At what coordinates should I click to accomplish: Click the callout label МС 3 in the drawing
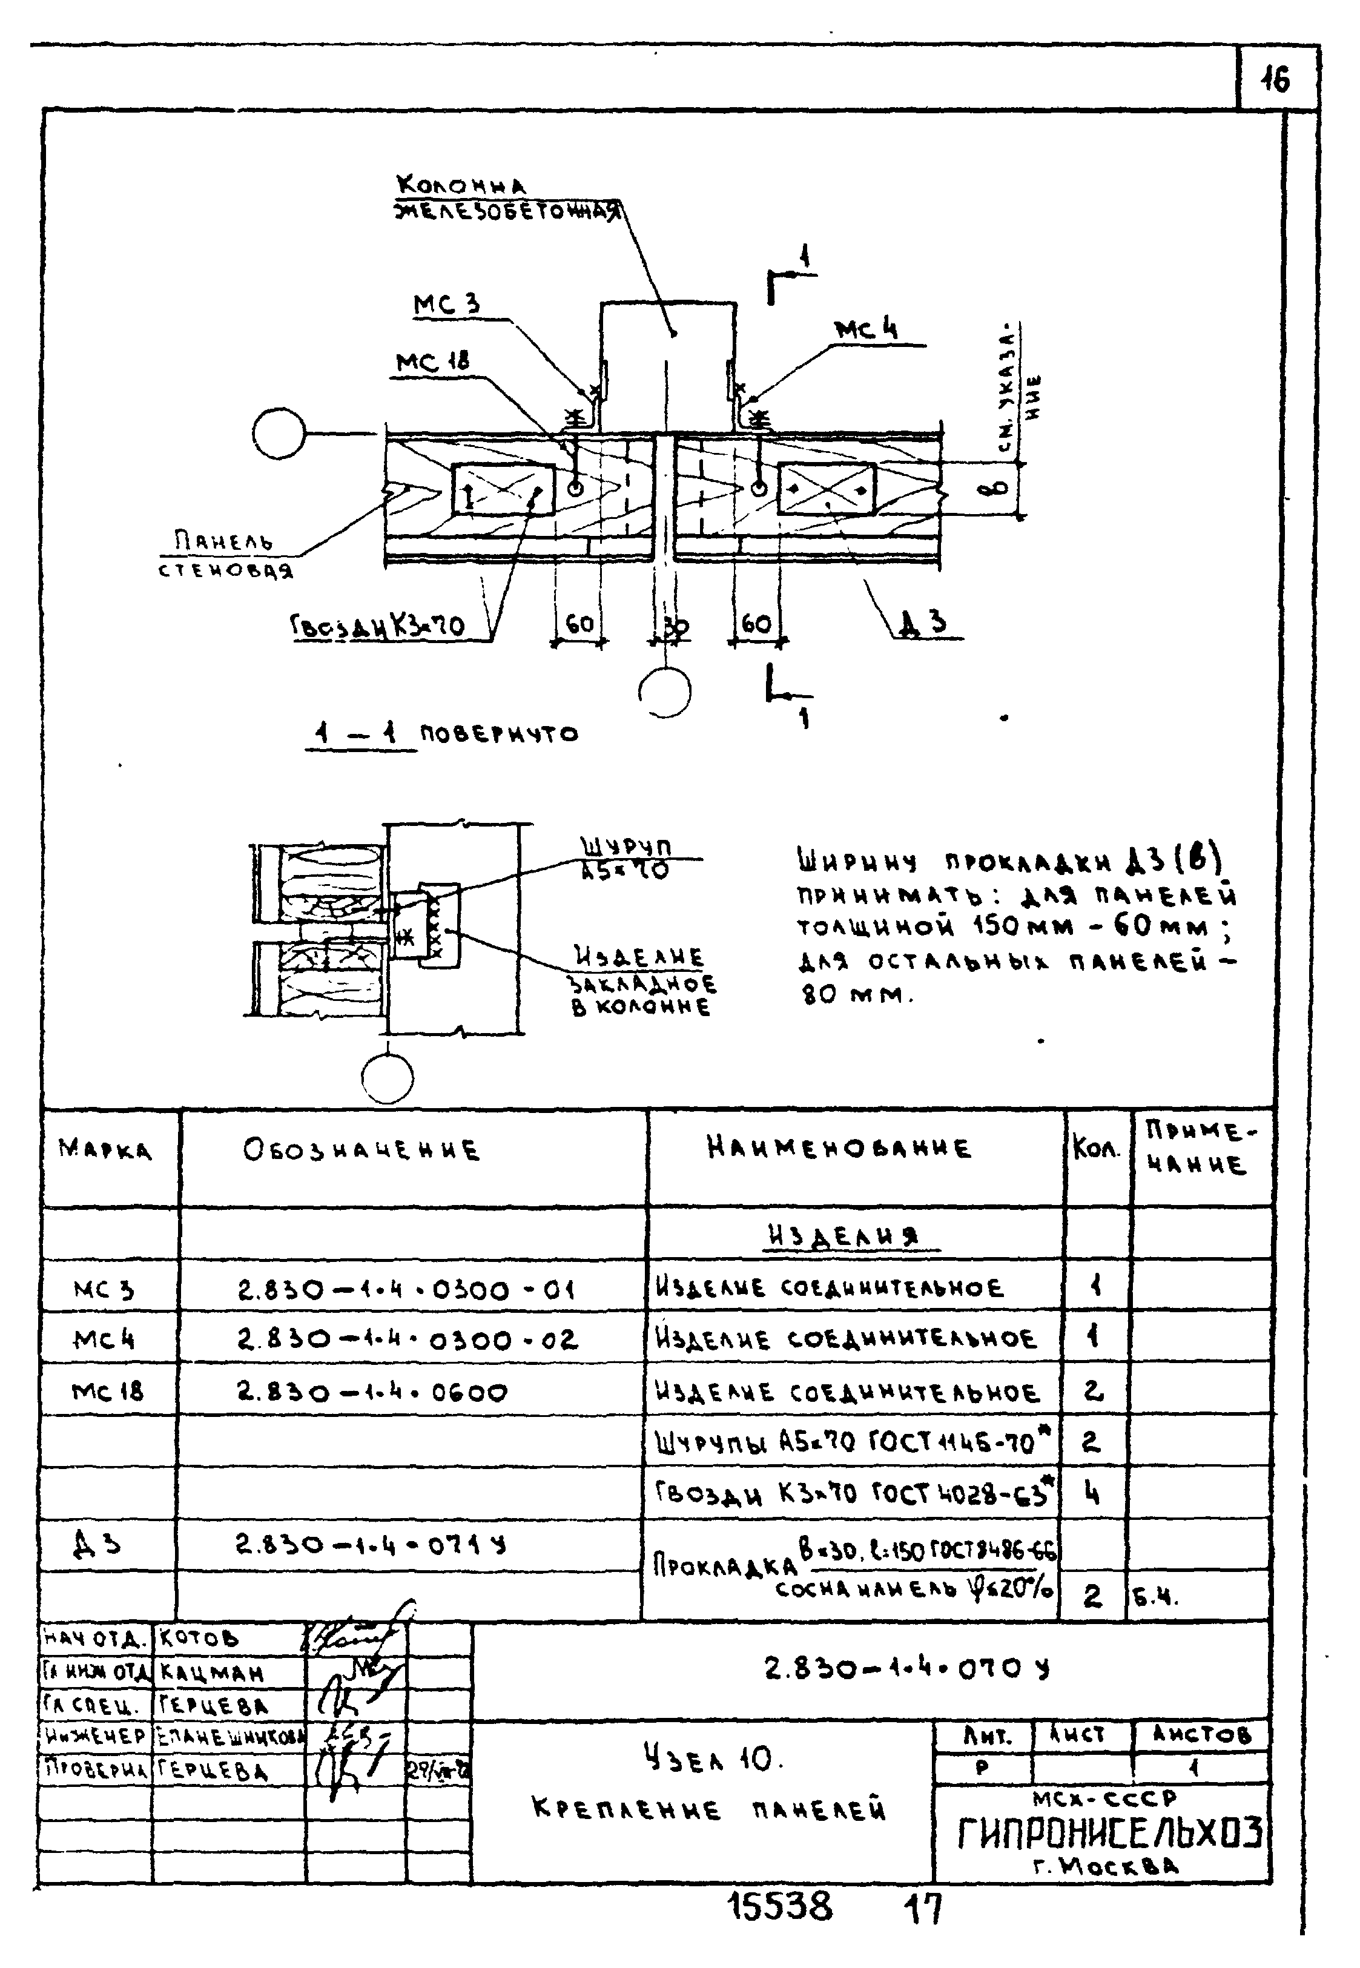[446, 304]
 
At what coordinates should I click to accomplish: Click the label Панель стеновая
[225, 555]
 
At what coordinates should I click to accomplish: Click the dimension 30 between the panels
[675, 627]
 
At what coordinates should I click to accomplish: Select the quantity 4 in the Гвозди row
[1092, 1493]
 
